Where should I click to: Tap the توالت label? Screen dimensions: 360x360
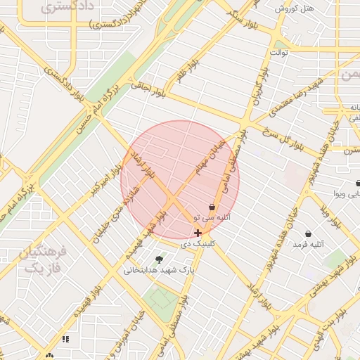(x=281, y=53)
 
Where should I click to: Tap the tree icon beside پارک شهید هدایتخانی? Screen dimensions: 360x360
(x=158, y=259)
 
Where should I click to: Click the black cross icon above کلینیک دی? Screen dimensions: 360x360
(x=198, y=233)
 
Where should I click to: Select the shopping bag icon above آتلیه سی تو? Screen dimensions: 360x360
(x=212, y=207)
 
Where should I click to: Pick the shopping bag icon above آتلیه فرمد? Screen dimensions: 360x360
(x=308, y=233)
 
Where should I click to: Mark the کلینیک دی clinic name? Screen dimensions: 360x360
(x=193, y=244)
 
